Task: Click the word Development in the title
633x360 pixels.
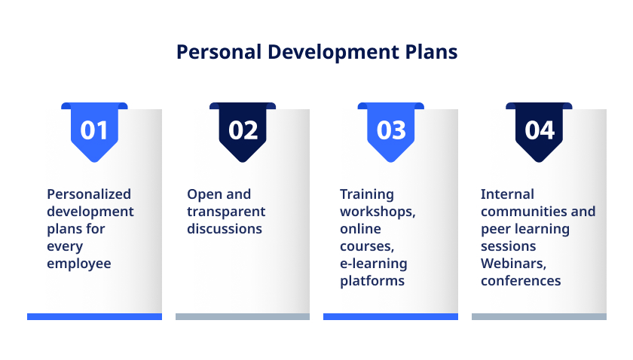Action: (x=333, y=53)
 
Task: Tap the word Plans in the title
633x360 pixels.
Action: (x=431, y=52)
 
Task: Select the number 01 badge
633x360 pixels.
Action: (x=94, y=133)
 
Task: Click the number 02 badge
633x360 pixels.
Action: (x=243, y=133)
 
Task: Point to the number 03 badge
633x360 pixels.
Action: (x=391, y=133)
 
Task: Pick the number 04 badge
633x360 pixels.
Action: (x=539, y=133)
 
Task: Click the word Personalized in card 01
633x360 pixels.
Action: (x=89, y=194)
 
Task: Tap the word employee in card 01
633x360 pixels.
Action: (x=78, y=264)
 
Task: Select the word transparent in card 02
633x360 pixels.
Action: (x=226, y=212)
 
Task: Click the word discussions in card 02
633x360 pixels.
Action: (x=225, y=229)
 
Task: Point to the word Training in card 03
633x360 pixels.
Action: (x=366, y=194)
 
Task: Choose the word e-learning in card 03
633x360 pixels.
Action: (x=374, y=264)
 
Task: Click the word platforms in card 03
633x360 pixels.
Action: (x=372, y=281)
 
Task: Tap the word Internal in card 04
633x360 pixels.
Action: (x=507, y=194)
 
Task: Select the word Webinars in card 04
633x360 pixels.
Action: (x=513, y=264)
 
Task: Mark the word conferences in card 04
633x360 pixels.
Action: (x=521, y=281)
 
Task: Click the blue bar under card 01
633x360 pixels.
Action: (x=94, y=317)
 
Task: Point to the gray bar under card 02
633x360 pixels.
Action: (x=243, y=317)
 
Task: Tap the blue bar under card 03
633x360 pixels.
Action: (x=391, y=317)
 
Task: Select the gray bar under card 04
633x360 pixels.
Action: (x=539, y=317)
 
